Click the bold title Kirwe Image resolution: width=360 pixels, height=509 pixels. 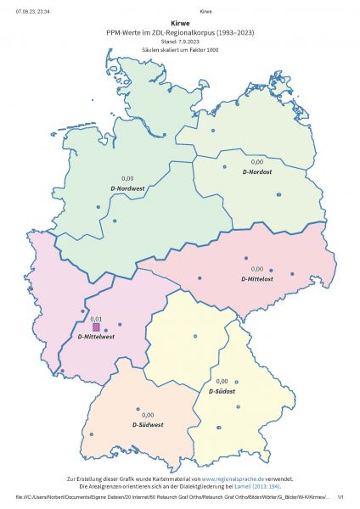(180, 25)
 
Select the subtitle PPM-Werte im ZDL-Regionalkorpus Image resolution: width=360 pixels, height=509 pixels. (180, 33)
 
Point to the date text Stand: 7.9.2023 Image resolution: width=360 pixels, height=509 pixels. (180, 42)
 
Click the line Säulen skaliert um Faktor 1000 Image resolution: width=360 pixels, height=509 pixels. (180, 49)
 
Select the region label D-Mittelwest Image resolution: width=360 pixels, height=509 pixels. (96, 338)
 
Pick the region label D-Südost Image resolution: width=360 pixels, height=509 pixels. (222, 391)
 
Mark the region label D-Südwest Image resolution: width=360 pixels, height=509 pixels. (148, 423)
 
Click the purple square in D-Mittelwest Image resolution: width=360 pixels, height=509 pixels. (96, 327)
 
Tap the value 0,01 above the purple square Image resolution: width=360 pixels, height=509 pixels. (96, 318)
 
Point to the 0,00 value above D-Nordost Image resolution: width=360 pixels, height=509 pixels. (257, 161)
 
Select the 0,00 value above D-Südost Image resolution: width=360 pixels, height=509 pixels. (222, 382)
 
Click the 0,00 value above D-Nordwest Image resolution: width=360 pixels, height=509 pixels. (128, 178)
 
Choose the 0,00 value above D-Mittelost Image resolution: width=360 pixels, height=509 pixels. (257, 269)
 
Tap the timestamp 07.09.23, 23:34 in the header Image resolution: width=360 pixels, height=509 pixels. (31, 11)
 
